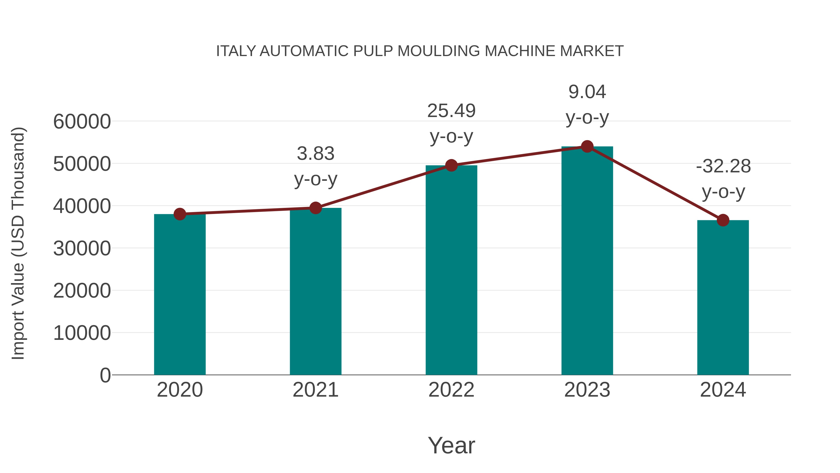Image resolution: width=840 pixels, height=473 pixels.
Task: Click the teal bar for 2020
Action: (180, 294)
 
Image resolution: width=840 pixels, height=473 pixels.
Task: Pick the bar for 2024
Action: (723, 297)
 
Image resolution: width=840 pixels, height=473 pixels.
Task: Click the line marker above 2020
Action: (180, 214)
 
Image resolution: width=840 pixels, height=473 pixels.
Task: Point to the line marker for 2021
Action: (315, 208)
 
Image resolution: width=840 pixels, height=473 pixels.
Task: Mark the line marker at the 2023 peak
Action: (587, 146)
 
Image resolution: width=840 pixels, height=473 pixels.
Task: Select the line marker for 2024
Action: (723, 220)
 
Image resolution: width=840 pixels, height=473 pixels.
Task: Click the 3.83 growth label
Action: (315, 153)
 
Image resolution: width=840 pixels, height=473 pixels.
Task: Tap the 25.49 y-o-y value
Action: (451, 111)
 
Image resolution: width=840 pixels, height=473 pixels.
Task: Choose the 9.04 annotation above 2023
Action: (587, 92)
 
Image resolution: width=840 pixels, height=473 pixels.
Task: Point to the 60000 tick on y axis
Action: (82, 122)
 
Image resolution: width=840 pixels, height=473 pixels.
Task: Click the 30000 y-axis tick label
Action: (82, 249)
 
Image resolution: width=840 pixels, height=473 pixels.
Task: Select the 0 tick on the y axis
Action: (105, 375)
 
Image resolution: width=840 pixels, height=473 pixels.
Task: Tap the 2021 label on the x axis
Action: (315, 390)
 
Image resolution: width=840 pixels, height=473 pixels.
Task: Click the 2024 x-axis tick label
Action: (723, 390)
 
